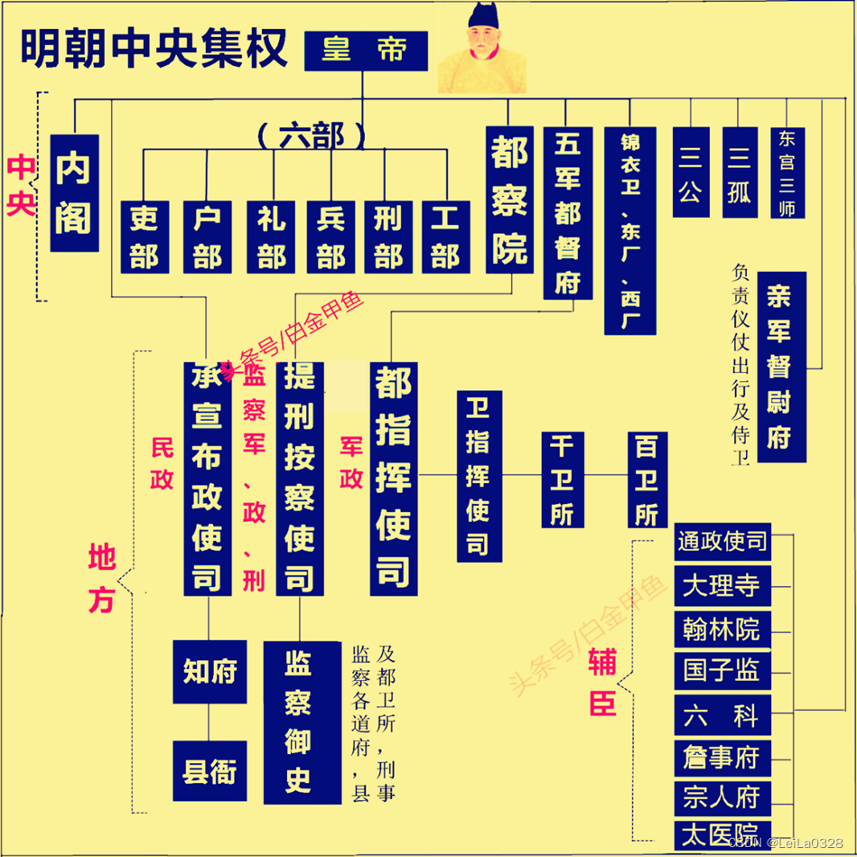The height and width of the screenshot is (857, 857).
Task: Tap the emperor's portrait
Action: click(x=482, y=51)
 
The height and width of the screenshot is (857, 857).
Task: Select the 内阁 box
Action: click(x=74, y=193)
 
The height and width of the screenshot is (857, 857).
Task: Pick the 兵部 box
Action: click(x=331, y=237)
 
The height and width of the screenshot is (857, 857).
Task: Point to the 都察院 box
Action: click(x=510, y=200)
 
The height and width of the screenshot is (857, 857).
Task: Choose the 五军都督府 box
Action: click(x=567, y=213)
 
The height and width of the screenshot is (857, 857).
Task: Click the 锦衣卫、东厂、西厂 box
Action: click(x=629, y=231)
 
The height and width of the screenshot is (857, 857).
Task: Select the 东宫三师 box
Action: click(x=787, y=172)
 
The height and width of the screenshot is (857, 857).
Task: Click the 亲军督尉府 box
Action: click(x=781, y=367)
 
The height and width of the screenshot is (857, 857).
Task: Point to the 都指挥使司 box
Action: click(x=394, y=479)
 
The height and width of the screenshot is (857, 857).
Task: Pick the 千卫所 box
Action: click(x=562, y=480)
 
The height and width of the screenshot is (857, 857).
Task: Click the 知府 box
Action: click(x=210, y=672)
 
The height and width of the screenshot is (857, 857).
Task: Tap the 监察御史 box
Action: click(x=299, y=722)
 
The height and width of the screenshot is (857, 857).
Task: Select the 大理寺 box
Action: click(x=722, y=587)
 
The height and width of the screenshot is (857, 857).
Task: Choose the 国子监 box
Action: click(x=722, y=670)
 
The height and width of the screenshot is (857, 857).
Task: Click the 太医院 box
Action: click(x=722, y=834)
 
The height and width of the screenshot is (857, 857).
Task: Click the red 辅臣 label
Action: click(x=602, y=682)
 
